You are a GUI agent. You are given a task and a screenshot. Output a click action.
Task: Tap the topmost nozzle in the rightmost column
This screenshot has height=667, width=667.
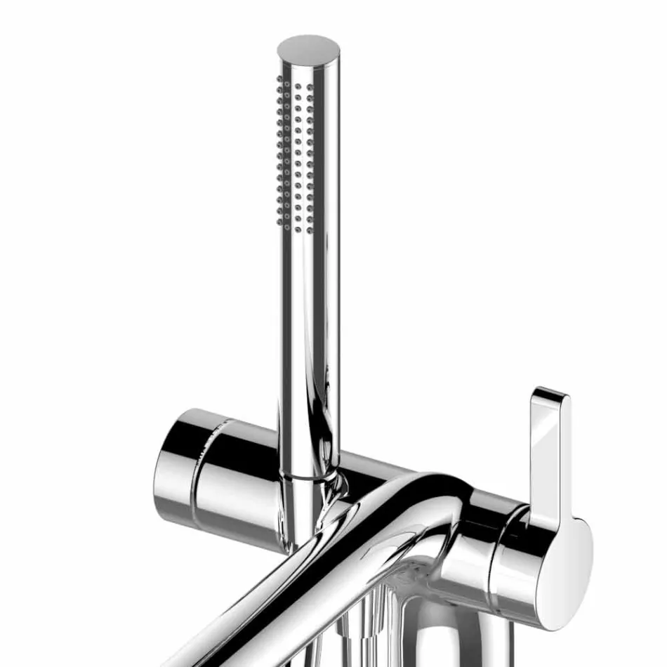[x=310, y=88]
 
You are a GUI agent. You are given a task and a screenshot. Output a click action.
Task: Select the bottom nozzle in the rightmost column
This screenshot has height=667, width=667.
[x=310, y=227]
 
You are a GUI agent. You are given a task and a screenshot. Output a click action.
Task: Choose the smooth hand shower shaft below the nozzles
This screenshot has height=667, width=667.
[x=308, y=351]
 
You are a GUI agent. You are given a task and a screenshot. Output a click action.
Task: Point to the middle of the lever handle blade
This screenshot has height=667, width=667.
[x=551, y=456]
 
